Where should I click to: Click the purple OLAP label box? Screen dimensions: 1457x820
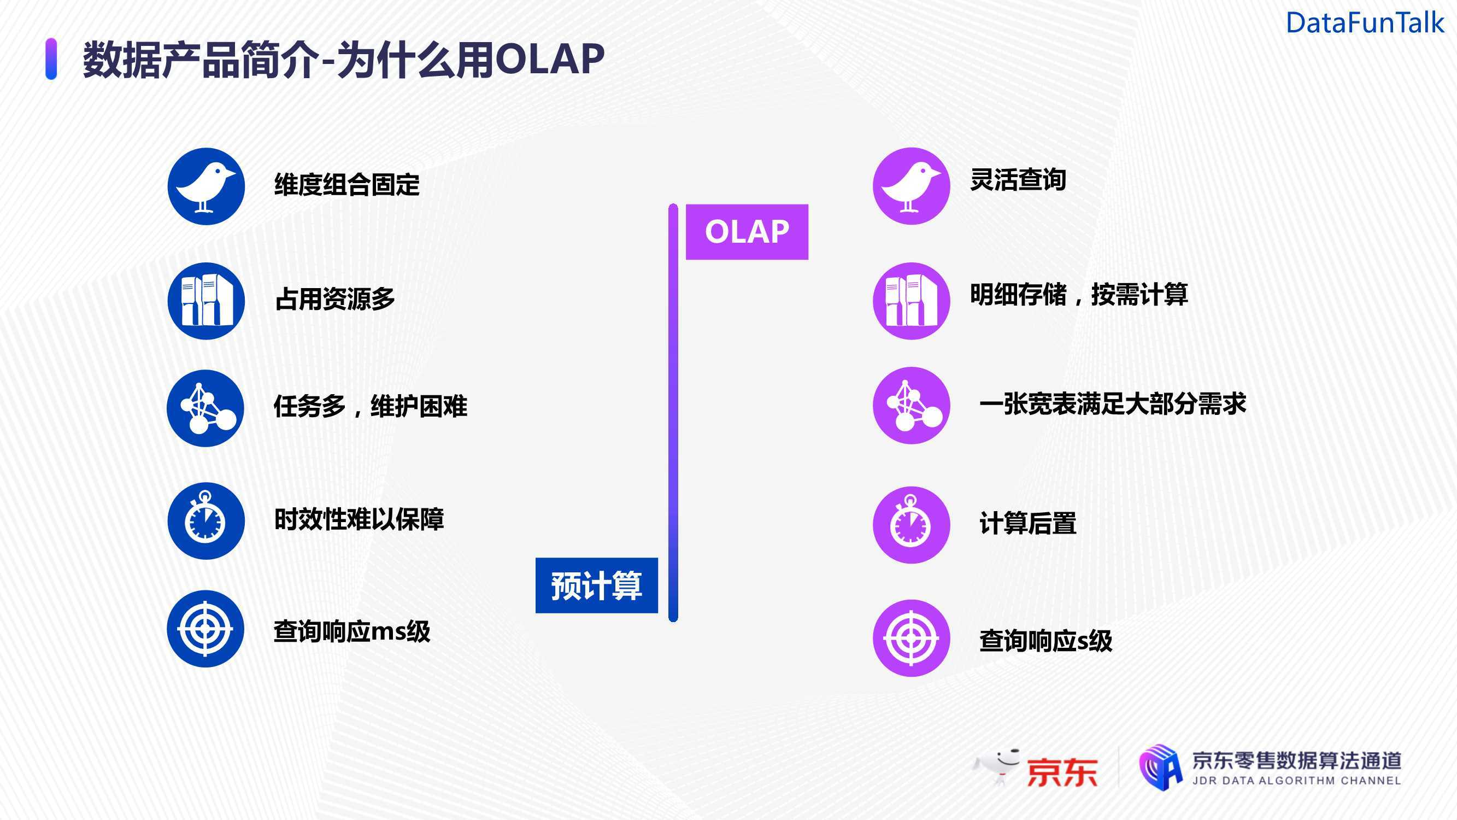click(x=747, y=231)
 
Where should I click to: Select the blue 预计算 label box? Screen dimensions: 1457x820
click(x=596, y=585)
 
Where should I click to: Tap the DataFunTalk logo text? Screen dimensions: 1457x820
click(x=1365, y=23)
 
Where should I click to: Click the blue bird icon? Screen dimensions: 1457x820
click(x=206, y=186)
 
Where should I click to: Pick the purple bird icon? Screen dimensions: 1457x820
click(x=911, y=186)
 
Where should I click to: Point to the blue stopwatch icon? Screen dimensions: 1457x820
click(x=206, y=520)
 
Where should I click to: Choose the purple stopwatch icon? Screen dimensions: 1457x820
click(x=911, y=525)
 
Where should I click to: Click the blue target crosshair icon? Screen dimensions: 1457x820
click(x=205, y=629)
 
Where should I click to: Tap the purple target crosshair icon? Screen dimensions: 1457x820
click(x=911, y=639)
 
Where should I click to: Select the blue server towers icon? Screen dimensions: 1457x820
click(x=206, y=301)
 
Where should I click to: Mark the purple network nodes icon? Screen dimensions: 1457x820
click(x=911, y=405)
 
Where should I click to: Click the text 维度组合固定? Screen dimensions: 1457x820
click(x=346, y=184)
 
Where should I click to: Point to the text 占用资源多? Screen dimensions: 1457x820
click(x=335, y=299)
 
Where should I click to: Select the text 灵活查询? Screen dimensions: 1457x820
click(x=1018, y=180)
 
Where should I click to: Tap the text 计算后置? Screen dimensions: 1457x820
click(x=1027, y=523)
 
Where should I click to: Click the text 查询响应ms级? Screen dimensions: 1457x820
click(x=352, y=631)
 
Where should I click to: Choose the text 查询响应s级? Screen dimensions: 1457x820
click(x=1046, y=641)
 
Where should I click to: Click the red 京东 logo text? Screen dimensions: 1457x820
click(x=1062, y=772)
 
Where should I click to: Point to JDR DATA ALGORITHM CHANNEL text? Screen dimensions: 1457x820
click(x=1296, y=781)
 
